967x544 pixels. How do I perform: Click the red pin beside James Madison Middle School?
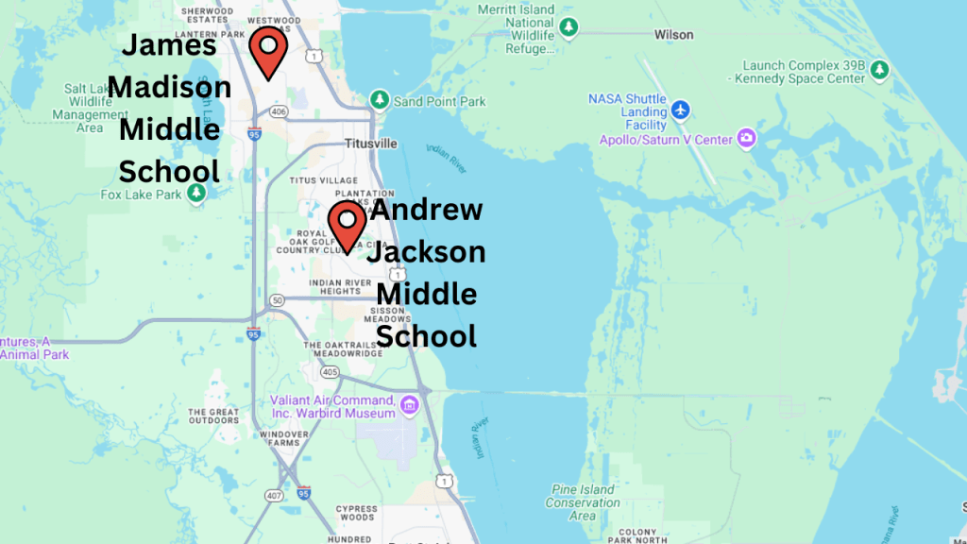point(268,50)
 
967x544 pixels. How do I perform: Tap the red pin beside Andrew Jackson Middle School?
point(347,225)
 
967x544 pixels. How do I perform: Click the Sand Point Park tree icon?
point(380,99)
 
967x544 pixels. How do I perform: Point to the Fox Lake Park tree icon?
point(196,194)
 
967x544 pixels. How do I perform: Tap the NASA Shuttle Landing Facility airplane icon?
point(681,111)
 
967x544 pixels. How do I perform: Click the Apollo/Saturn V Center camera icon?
point(747,139)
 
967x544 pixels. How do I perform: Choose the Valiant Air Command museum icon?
point(409,406)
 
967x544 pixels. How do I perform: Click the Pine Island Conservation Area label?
point(583,502)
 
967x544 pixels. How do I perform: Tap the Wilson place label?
point(673,35)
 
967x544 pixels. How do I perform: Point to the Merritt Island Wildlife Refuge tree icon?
point(568,27)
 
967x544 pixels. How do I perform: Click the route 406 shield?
point(279,111)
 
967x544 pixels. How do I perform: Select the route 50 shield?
point(277,300)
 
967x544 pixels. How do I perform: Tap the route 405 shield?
point(329,372)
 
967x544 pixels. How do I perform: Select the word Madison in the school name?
point(170,87)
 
